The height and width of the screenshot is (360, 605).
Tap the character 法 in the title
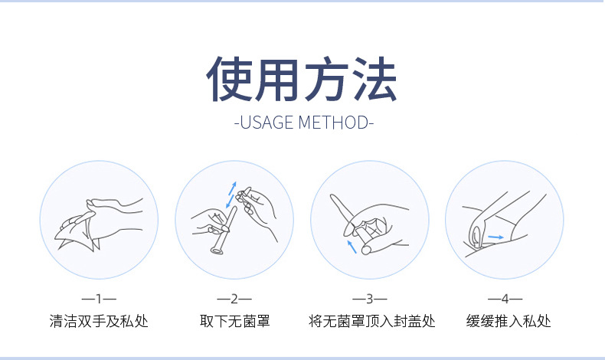374,79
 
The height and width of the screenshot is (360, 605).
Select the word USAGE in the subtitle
267,123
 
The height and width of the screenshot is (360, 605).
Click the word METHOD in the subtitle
333,123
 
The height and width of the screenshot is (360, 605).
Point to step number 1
99,299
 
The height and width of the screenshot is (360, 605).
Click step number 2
234,299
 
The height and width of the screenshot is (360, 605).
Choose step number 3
370,299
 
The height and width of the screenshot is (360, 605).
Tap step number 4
505,299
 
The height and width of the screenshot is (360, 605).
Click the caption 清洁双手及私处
99,321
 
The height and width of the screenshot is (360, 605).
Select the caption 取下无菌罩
234,321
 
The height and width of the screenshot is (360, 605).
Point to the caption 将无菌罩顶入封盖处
371,321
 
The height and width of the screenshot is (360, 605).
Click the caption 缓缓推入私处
509,321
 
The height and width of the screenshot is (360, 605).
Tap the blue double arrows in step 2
231,195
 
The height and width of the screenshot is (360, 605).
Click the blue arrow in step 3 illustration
352,247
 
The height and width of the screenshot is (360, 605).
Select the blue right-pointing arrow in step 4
495,237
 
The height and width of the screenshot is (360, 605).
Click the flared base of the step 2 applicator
217,251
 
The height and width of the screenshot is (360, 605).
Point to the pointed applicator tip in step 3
332,197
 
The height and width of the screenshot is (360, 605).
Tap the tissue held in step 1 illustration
77,236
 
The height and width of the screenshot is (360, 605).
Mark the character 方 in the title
326,79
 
